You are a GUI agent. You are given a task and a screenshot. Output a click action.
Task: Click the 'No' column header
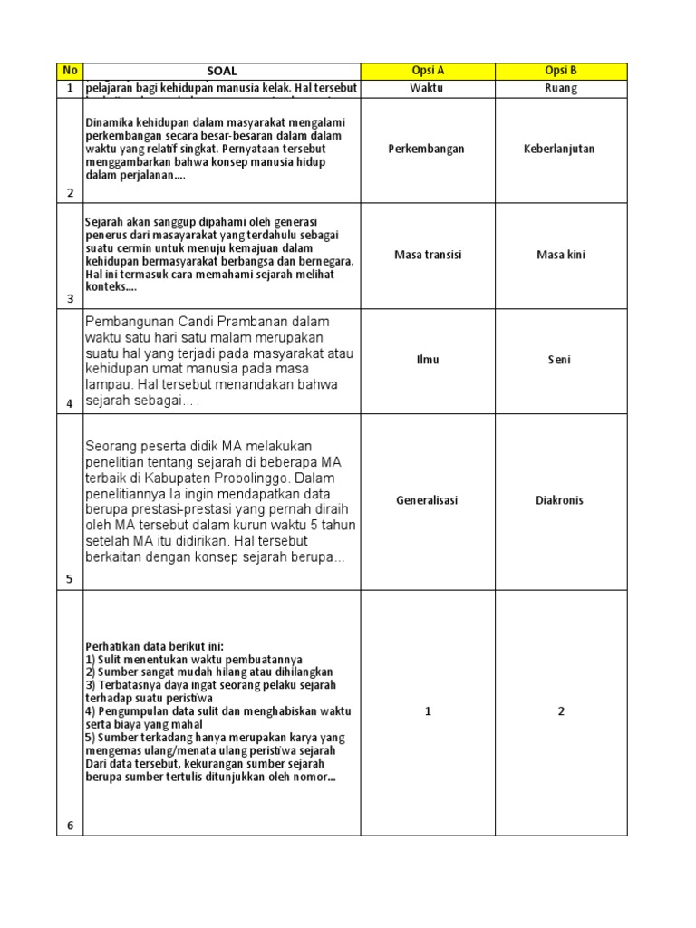[x=69, y=71]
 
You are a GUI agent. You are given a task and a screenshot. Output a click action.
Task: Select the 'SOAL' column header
[x=221, y=71]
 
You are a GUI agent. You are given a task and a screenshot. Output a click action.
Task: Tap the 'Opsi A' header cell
[x=428, y=71]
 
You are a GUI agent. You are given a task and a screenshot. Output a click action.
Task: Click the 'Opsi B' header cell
[x=561, y=71]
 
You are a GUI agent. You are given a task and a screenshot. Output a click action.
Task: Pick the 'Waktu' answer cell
[x=428, y=88]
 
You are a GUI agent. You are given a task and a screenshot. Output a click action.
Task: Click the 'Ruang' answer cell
[x=561, y=88]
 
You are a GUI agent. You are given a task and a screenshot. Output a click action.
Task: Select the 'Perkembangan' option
[x=428, y=149]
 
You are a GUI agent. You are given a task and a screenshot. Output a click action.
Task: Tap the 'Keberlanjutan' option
[x=561, y=149]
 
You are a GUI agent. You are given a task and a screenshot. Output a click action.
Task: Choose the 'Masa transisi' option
[x=428, y=255]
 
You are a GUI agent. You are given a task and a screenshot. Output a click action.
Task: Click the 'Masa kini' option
[x=561, y=255]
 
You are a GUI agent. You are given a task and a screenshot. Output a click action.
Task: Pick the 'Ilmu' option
[x=428, y=360]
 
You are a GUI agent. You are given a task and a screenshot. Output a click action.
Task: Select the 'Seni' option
[x=561, y=360]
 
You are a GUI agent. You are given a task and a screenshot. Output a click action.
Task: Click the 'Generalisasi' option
[x=428, y=500]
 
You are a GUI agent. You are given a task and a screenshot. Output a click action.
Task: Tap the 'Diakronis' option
[x=561, y=500]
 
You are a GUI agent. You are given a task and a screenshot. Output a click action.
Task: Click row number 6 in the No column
[x=69, y=825]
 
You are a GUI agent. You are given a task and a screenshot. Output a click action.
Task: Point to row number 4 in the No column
[x=69, y=404]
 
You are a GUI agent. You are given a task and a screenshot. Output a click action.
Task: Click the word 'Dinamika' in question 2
[x=109, y=122]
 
